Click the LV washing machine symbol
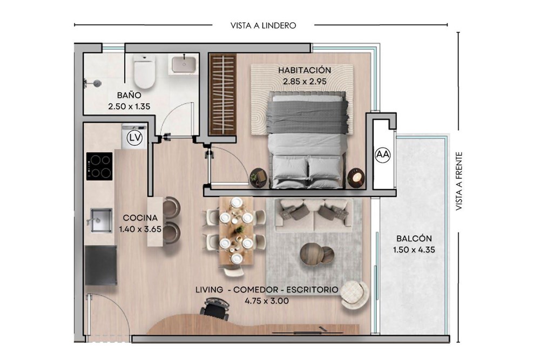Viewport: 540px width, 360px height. [134, 138]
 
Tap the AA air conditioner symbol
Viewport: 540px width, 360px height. [383, 154]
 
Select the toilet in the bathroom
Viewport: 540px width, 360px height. [145, 71]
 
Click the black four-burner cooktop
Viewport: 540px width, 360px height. [99, 166]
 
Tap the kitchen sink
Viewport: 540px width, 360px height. [101, 220]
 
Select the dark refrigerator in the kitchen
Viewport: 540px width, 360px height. [101, 266]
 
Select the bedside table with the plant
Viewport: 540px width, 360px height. [259, 178]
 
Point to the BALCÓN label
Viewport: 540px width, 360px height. [414, 238]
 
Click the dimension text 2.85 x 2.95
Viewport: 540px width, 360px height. [305, 81]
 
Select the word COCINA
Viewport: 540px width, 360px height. [140, 218]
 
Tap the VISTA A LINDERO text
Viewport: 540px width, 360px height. [264, 25]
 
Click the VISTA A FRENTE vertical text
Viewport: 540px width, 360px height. [458, 181]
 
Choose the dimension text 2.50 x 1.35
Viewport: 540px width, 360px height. [129, 106]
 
